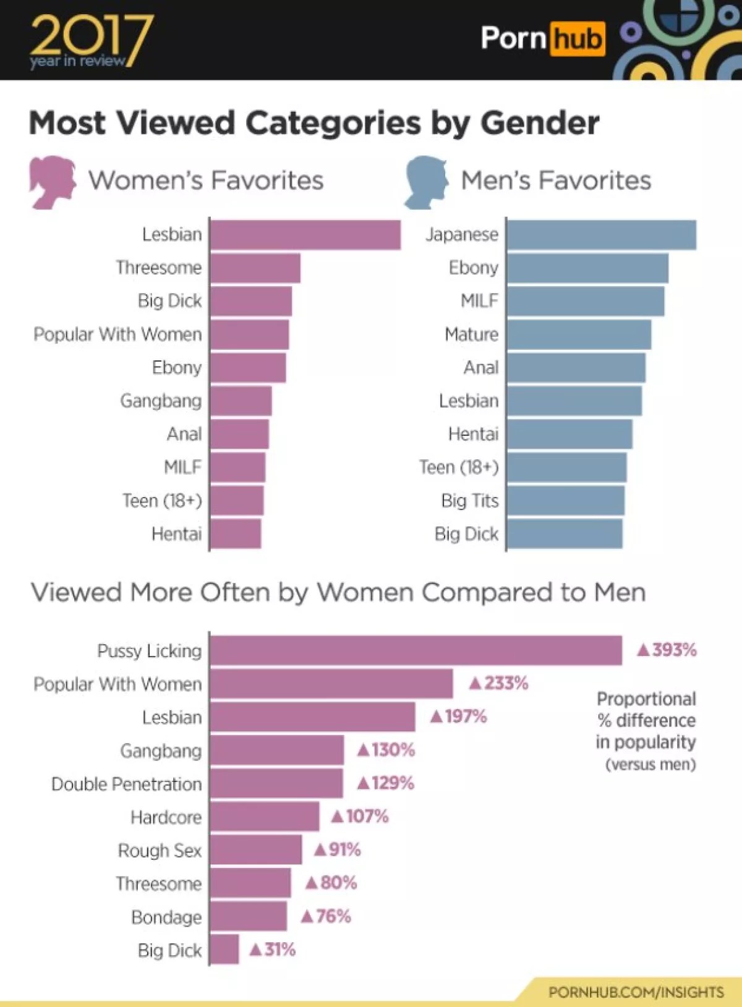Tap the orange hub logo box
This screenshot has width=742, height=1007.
pyautogui.click(x=577, y=39)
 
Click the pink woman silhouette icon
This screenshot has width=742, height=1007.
pyautogui.click(x=52, y=182)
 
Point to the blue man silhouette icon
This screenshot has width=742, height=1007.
pyautogui.click(x=427, y=182)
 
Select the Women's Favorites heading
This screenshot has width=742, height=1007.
pyautogui.click(x=206, y=181)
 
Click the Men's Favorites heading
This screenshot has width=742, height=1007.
pyautogui.click(x=556, y=181)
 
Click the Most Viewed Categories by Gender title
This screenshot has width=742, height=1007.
pyautogui.click(x=314, y=122)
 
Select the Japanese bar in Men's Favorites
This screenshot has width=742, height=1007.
pyautogui.click(x=601, y=235)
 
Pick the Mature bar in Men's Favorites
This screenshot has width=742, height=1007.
pyautogui.click(x=579, y=334)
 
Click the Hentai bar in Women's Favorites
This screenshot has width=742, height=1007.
pyautogui.click(x=236, y=534)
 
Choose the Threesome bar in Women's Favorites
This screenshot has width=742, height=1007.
pyautogui.click(x=255, y=268)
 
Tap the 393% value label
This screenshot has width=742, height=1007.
pyautogui.click(x=667, y=650)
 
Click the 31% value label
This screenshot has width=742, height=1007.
pyautogui.click(x=273, y=950)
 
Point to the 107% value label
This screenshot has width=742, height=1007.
pyautogui.click(x=360, y=817)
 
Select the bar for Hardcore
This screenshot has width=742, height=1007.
pyautogui.click(x=265, y=817)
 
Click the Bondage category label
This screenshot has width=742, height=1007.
pyautogui.click(x=166, y=917)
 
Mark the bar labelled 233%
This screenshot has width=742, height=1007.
pyautogui.click(x=331, y=684)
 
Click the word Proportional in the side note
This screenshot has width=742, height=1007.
pyautogui.click(x=646, y=699)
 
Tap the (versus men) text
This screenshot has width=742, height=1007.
pyautogui.click(x=650, y=765)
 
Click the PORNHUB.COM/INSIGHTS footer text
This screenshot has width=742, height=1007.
pyautogui.click(x=636, y=992)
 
